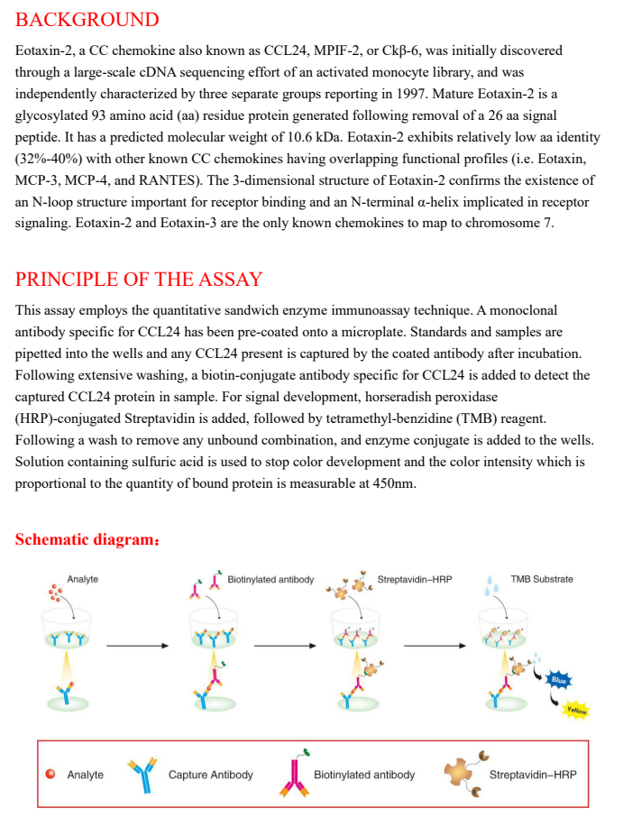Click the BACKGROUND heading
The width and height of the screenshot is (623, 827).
[x=87, y=20]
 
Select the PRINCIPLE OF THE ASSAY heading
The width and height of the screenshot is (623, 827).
[x=139, y=279]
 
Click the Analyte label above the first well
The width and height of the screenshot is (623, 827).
[x=82, y=579]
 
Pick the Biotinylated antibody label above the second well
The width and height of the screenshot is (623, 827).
[x=270, y=579]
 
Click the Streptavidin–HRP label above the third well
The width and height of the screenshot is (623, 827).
[x=415, y=579]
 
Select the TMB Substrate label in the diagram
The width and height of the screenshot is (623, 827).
[x=541, y=579]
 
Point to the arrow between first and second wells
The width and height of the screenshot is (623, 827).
[x=137, y=646]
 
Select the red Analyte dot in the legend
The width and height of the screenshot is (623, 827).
[x=51, y=774]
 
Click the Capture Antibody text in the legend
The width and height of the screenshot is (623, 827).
[x=210, y=775]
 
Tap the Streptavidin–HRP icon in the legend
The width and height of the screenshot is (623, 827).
[x=463, y=774]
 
